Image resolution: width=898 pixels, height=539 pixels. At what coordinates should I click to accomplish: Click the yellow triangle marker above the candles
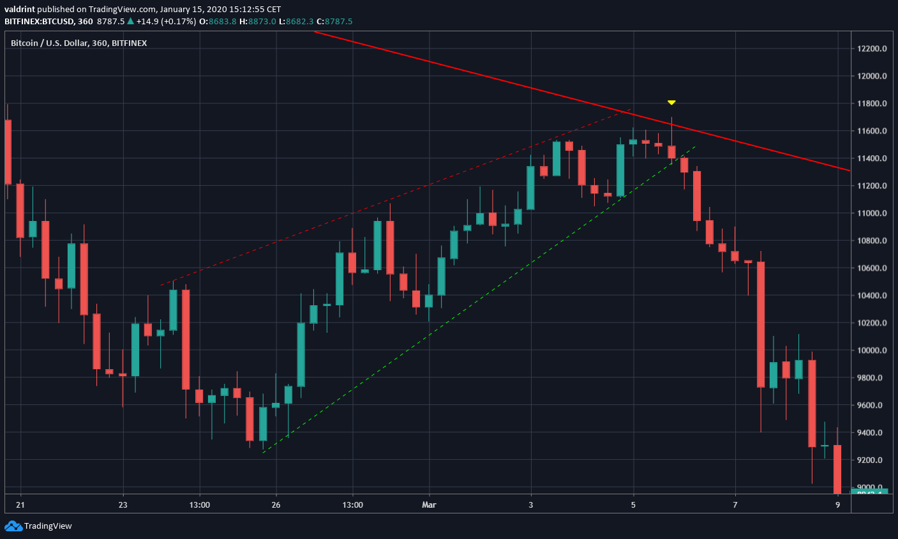click(x=671, y=102)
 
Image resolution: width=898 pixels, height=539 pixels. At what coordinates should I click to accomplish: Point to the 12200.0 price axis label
click(x=872, y=49)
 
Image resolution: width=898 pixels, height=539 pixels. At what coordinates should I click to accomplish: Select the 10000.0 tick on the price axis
click(x=872, y=351)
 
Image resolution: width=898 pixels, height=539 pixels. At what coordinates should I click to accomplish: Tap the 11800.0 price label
click(x=872, y=103)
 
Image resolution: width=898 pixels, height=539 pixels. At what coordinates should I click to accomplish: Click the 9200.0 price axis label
click(x=872, y=460)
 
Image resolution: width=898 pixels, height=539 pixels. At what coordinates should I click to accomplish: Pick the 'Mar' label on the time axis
click(x=429, y=505)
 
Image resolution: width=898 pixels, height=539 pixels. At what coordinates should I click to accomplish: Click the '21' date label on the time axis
click(x=20, y=505)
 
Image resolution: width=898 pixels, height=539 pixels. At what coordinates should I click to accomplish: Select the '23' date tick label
click(x=123, y=505)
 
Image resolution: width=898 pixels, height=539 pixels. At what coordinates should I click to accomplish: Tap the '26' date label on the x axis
click(x=276, y=505)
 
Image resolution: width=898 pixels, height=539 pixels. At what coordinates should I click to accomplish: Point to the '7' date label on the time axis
click(x=735, y=505)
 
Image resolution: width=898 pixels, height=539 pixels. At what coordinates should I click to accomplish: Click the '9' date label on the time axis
click(x=837, y=505)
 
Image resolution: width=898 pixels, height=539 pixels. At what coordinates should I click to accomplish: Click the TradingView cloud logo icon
click(x=13, y=526)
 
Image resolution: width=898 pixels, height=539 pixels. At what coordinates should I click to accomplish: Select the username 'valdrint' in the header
click(x=20, y=10)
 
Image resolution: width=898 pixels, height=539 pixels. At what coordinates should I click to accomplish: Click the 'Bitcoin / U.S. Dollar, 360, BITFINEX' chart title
click(x=79, y=43)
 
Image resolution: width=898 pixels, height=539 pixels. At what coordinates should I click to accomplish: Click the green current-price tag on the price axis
click(x=869, y=491)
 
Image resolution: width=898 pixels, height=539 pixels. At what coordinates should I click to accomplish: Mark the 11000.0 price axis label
click(x=872, y=213)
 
